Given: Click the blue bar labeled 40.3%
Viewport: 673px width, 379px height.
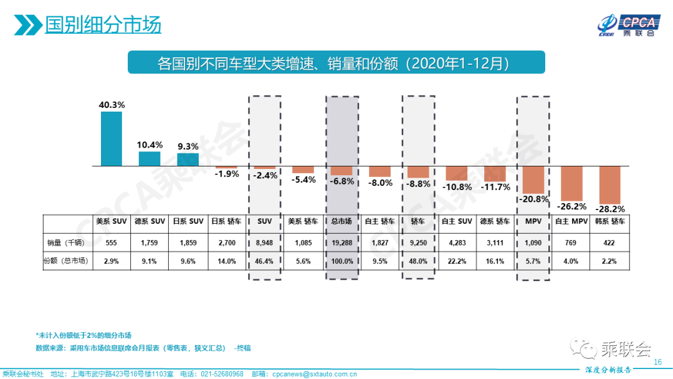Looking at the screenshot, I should (112, 139).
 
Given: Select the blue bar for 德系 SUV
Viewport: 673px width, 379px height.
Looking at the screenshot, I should (150, 159).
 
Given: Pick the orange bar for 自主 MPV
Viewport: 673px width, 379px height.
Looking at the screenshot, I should (571, 183).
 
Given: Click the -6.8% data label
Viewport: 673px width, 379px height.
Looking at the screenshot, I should (342, 181).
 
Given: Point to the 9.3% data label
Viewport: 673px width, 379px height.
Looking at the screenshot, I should (188, 146).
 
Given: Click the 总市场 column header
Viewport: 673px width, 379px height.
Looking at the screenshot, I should (341, 221).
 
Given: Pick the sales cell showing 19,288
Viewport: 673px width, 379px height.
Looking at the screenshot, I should (341, 242).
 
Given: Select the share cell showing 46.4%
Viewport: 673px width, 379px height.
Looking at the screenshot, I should (265, 262).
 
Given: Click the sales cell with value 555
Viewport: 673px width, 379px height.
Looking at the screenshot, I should (112, 242).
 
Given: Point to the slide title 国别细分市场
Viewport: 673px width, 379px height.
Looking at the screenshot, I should (103, 25).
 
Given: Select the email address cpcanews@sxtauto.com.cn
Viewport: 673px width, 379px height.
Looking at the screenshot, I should (314, 374).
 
